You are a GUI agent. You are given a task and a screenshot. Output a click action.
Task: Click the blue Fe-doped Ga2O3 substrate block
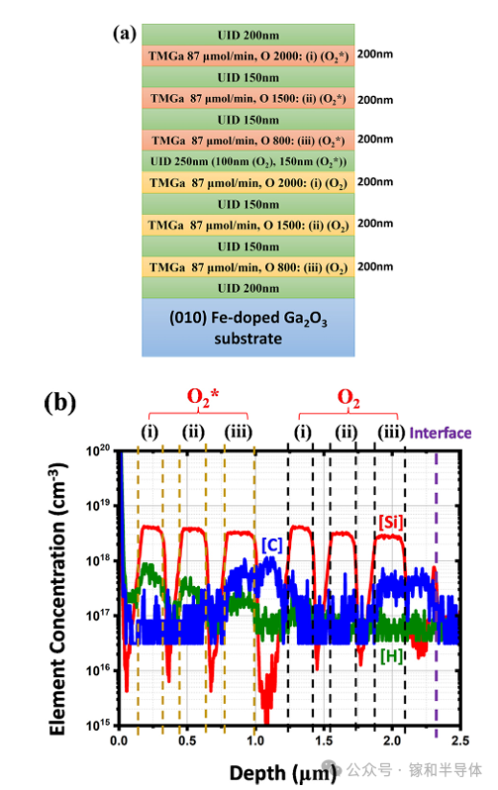coord(248,328)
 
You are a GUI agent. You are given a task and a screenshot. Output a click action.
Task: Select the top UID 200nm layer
coord(248,35)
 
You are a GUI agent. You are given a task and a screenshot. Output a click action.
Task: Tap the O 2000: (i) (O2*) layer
coord(248,55)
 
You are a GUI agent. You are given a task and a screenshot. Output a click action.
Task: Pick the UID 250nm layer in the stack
coord(248,161)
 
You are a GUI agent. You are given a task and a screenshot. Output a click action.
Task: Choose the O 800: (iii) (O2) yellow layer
coord(248,267)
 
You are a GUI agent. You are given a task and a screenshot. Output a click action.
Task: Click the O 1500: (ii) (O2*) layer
coord(248,98)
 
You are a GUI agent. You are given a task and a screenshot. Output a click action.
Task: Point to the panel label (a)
coord(125,34)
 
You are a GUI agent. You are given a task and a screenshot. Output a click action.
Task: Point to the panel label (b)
coord(60,403)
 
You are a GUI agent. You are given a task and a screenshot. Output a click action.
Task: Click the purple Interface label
coord(440,433)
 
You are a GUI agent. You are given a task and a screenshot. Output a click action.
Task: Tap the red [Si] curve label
coord(391,522)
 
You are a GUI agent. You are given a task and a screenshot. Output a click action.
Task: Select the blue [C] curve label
coord(272,544)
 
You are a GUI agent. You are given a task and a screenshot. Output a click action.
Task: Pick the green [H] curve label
coord(392,655)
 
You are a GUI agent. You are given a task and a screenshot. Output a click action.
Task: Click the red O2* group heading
coord(203,399)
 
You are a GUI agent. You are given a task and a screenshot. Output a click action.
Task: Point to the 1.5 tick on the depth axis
coord(324,741)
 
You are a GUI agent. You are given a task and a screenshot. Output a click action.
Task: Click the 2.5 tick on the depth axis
coord(460,741)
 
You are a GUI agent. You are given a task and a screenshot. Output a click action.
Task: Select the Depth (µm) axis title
coord(282,772)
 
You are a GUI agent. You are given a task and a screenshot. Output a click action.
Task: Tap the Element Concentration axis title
coord(58,599)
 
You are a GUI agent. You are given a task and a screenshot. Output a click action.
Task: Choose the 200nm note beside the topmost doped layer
coord(375,53)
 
